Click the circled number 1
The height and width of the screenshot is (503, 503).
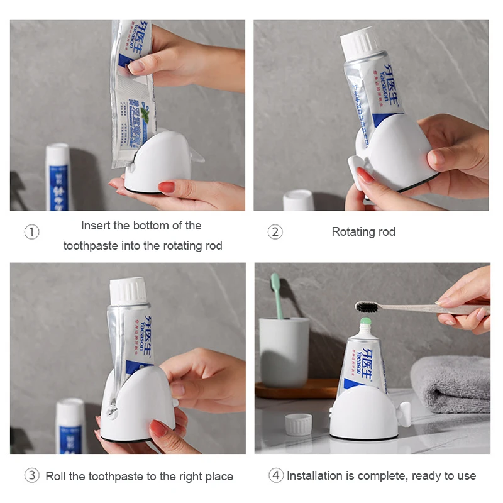coord(31,232)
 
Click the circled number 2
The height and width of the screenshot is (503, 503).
coord(275,232)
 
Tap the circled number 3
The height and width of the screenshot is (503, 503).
coord(31,476)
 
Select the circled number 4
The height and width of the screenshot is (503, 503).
coord(276,476)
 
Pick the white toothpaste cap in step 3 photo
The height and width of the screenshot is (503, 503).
coord(128,291)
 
